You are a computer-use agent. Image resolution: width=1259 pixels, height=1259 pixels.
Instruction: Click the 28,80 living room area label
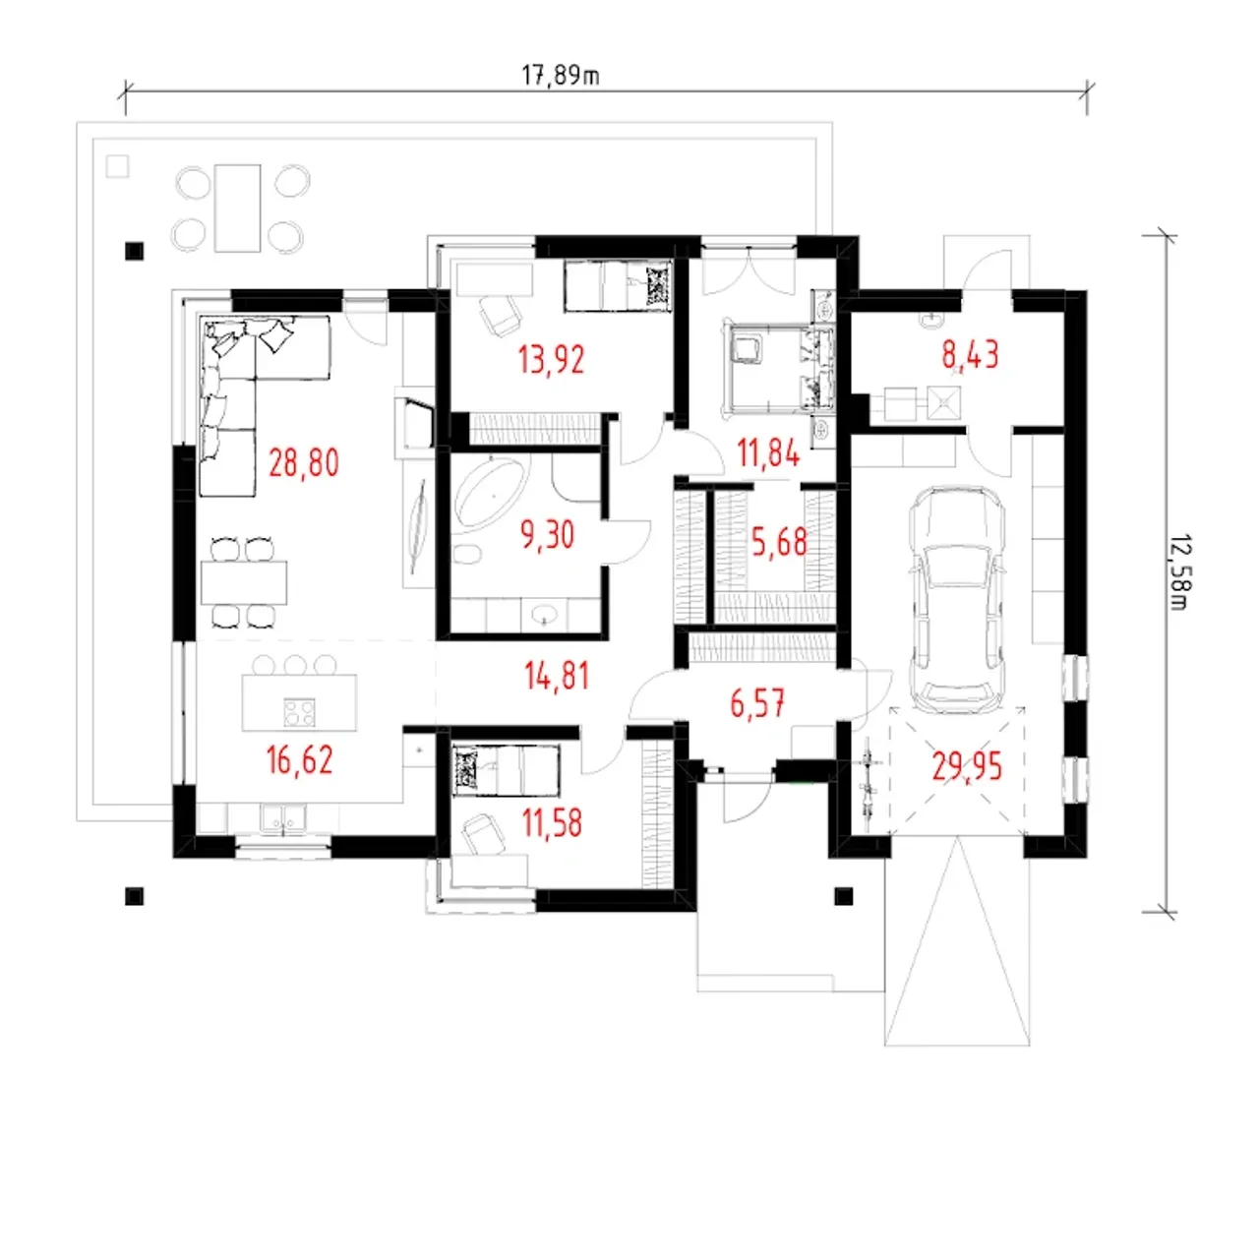pos(304,463)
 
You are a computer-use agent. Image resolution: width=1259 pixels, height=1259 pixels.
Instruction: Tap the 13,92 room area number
pos(552,359)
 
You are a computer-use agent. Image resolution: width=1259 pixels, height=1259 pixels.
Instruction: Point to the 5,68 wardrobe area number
pos(779,542)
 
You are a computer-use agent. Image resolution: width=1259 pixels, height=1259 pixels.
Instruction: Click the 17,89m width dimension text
pos(560,76)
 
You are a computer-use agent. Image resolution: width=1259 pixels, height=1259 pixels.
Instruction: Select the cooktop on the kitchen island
pos(299,711)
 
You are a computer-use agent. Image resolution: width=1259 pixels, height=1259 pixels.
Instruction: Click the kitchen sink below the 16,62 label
pos(283,819)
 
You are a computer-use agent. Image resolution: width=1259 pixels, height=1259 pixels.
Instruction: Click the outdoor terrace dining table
pos(238,208)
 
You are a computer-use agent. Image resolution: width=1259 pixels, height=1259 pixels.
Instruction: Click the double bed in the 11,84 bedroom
pos(777,368)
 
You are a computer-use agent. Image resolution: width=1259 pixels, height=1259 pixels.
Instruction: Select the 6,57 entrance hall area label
pos(757,703)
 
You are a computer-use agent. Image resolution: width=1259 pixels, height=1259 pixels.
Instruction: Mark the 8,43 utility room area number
pos(970,355)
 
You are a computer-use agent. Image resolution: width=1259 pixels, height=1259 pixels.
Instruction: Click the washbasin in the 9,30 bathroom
pos(544,615)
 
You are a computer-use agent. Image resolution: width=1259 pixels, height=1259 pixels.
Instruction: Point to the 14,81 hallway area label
pos(557,676)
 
